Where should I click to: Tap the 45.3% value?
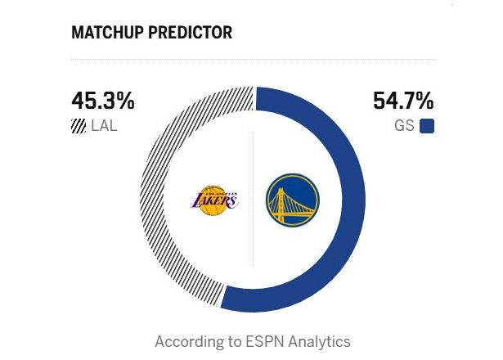[x=102, y=101]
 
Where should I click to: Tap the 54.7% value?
[x=403, y=101]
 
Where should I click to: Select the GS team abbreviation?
[x=406, y=126]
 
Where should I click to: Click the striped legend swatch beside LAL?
[x=79, y=126]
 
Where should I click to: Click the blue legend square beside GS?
[x=426, y=126]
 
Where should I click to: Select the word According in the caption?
[x=188, y=340]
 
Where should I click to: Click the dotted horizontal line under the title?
[x=253, y=59]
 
